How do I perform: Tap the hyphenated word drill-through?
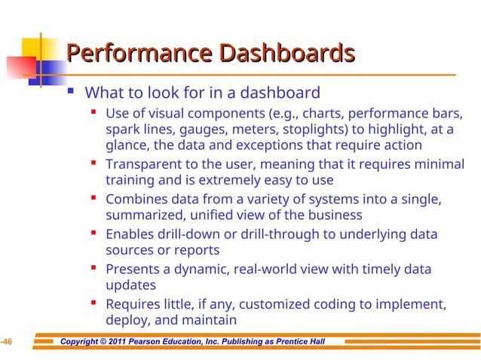[279, 234]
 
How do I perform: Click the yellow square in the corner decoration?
[20, 50]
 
